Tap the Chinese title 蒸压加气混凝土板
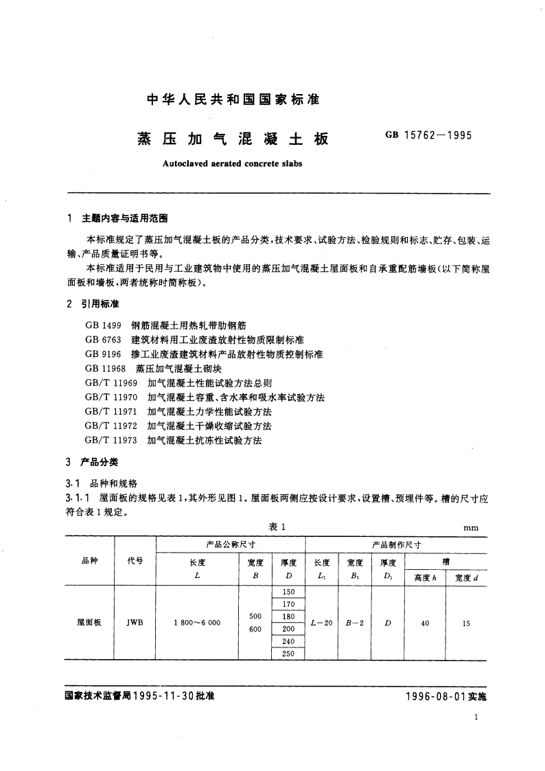click(x=233, y=139)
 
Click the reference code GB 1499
click(x=102, y=326)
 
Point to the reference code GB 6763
click(x=102, y=341)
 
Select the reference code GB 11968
click(x=104, y=369)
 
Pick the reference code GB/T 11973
click(x=112, y=440)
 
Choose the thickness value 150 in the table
click(x=288, y=592)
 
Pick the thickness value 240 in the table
click(x=288, y=642)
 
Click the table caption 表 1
click(x=276, y=526)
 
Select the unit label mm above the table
click(x=472, y=527)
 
